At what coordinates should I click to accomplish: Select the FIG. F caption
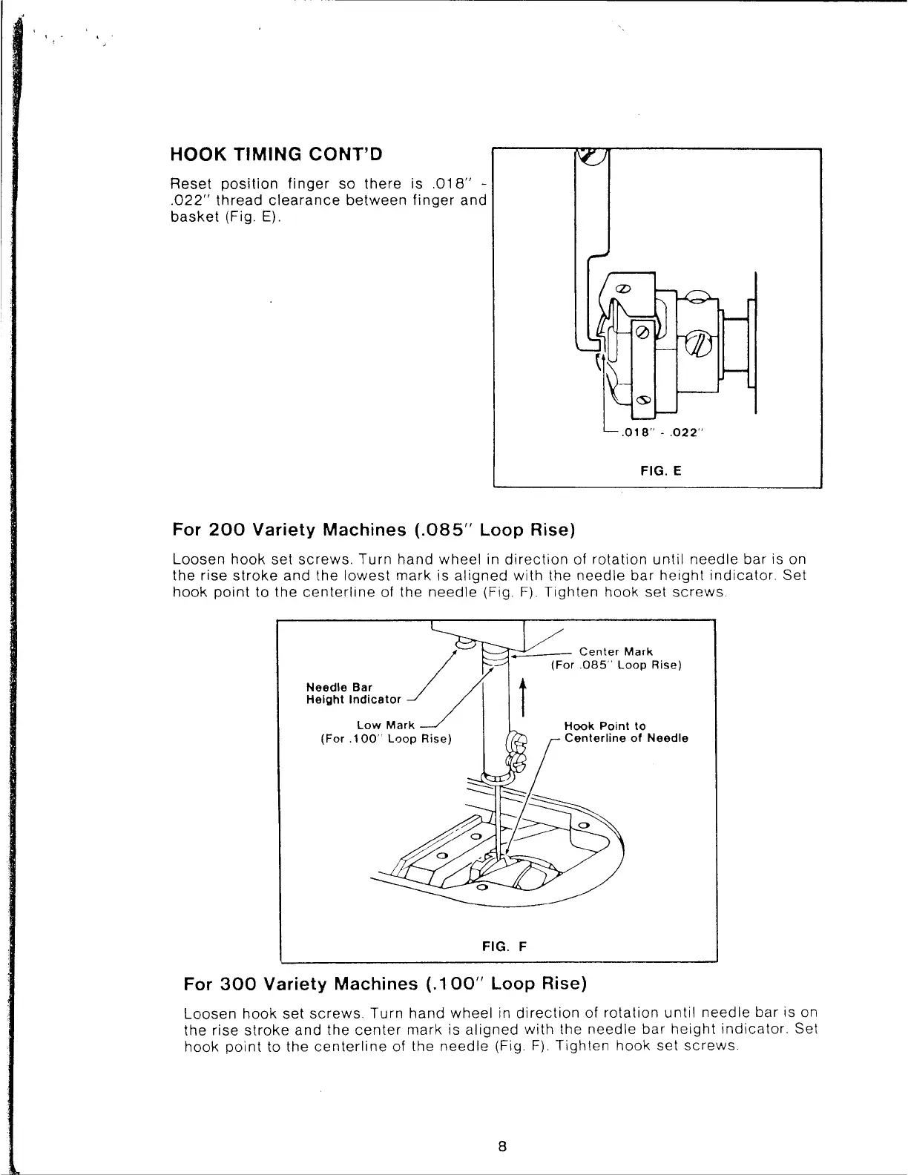(x=504, y=947)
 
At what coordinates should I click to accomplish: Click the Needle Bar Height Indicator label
(x=353, y=693)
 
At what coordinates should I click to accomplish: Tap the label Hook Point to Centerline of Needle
(x=625, y=732)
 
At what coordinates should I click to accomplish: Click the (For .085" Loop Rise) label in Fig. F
(x=616, y=665)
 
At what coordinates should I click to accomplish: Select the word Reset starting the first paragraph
(x=188, y=184)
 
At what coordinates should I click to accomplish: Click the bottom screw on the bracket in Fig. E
(x=643, y=400)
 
